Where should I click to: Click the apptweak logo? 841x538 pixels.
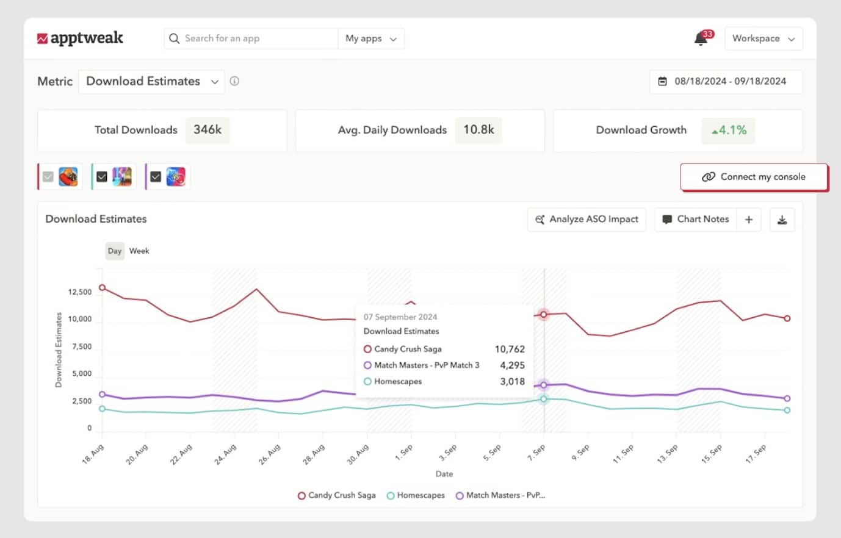point(80,38)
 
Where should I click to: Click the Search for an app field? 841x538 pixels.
point(250,38)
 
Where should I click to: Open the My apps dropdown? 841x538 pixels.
point(370,38)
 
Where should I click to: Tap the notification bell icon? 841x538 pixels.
point(701,38)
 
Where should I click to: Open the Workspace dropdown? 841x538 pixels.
point(763,38)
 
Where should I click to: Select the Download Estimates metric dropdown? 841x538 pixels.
point(151,81)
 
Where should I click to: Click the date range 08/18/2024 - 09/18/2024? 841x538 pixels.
point(726,81)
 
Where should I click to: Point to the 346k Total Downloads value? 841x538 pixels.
point(208,130)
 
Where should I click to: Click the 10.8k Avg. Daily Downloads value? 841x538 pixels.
point(478,130)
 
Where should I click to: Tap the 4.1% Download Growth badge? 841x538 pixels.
point(729,130)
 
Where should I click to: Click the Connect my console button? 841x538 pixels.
point(754,177)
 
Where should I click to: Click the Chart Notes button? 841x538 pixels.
point(696,219)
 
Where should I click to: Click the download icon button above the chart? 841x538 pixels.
point(782,220)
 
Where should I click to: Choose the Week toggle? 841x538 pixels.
point(139,251)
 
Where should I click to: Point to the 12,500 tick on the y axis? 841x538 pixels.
point(80,292)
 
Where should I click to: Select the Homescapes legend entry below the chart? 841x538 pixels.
point(416,495)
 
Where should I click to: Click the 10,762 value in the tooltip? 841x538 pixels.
point(510,349)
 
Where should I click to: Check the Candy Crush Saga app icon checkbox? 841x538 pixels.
point(48,177)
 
